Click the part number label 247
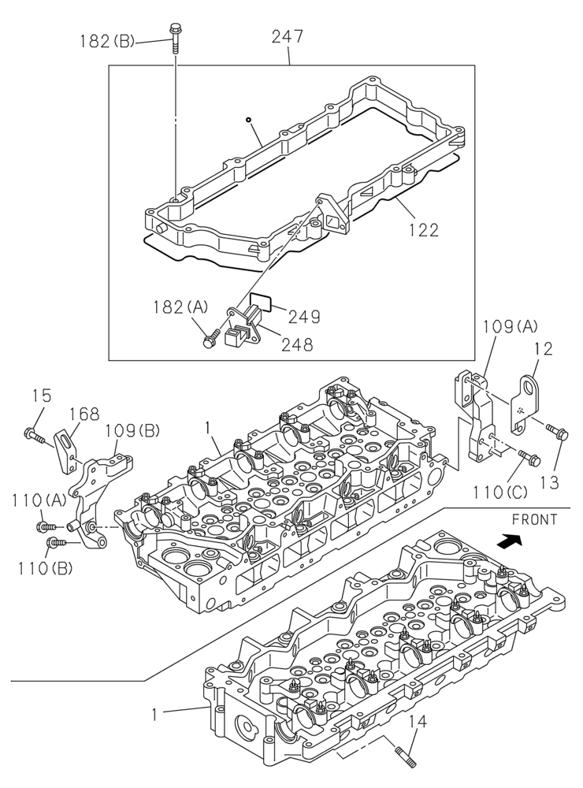[288, 37]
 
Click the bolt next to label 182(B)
[174, 37]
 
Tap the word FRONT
[534, 519]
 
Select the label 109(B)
[132, 430]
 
